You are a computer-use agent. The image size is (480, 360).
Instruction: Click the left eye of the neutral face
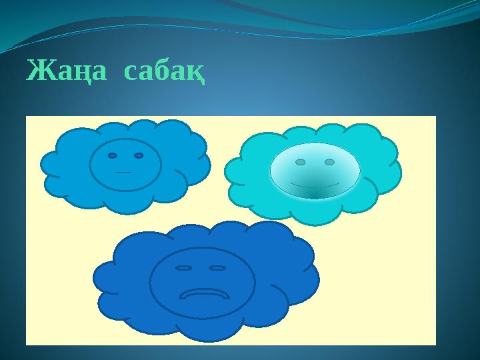(x=113, y=155)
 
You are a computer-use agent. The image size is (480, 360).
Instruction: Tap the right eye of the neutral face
(x=139, y=155)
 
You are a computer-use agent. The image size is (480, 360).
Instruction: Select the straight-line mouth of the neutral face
(x=123, y=172)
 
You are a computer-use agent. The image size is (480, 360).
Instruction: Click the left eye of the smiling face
(x=301, y=162)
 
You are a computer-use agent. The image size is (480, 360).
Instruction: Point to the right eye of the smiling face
(x=329, y=162)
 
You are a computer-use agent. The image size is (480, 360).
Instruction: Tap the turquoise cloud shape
(x=253, y=177)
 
